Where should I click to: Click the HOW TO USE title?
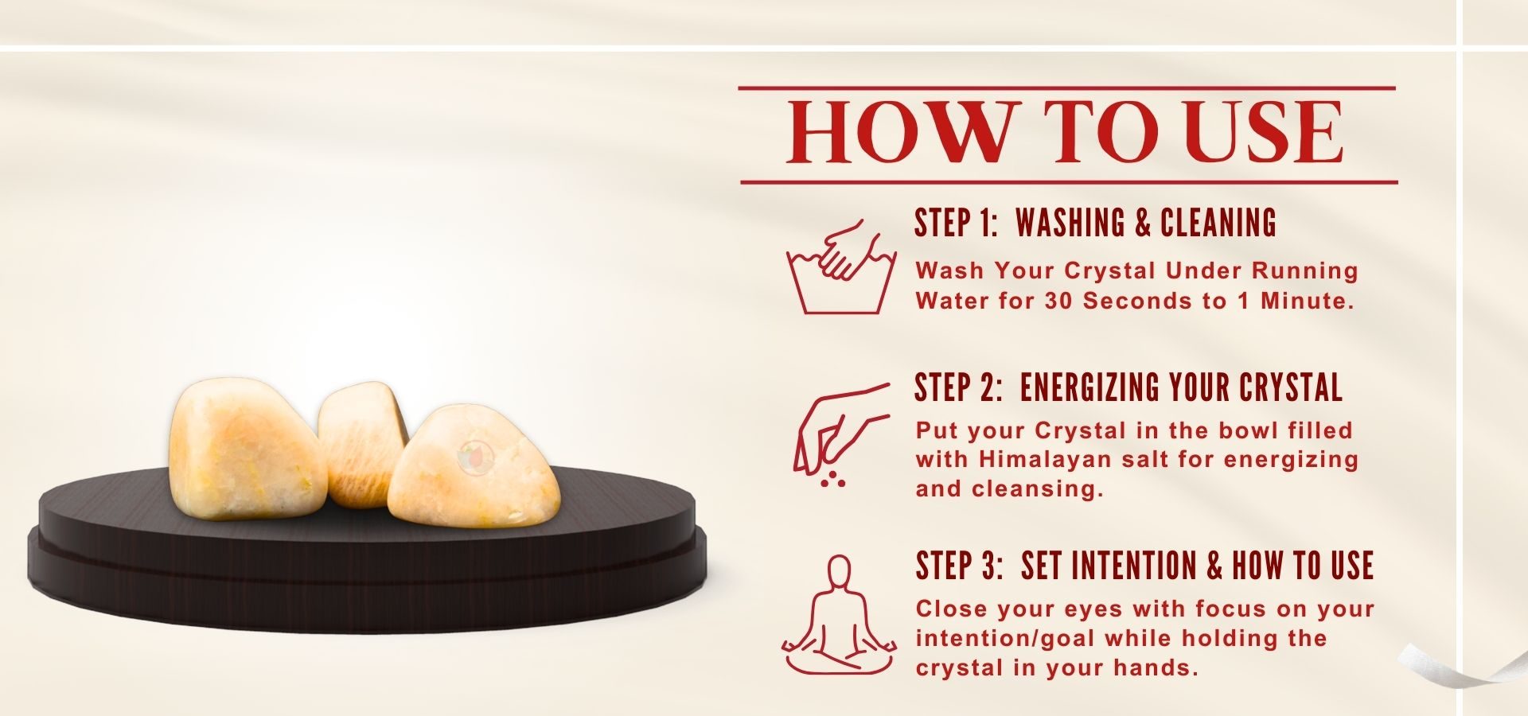(1066, 133)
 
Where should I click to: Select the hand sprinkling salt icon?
(840, 434)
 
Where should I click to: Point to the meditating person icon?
(839, 615)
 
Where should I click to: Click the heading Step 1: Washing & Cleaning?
(1095, 223)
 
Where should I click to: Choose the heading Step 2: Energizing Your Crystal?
(1128, 387)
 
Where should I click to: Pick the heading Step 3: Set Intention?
(1144, 566)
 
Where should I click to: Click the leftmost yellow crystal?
(248, 449)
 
